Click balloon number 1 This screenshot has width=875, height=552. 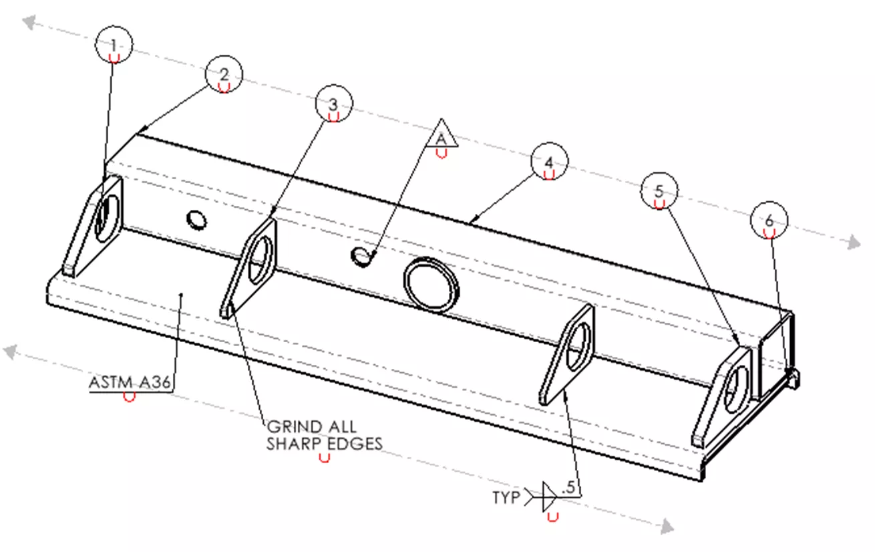114,45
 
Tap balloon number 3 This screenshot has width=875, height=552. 334,104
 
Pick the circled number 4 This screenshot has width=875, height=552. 549,162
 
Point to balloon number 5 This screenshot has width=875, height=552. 659,191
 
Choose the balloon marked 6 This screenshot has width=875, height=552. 769,221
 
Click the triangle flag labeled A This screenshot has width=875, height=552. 441,136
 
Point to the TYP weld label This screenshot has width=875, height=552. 506,498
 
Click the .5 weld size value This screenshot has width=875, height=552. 568,489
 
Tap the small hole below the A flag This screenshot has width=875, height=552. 361,255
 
